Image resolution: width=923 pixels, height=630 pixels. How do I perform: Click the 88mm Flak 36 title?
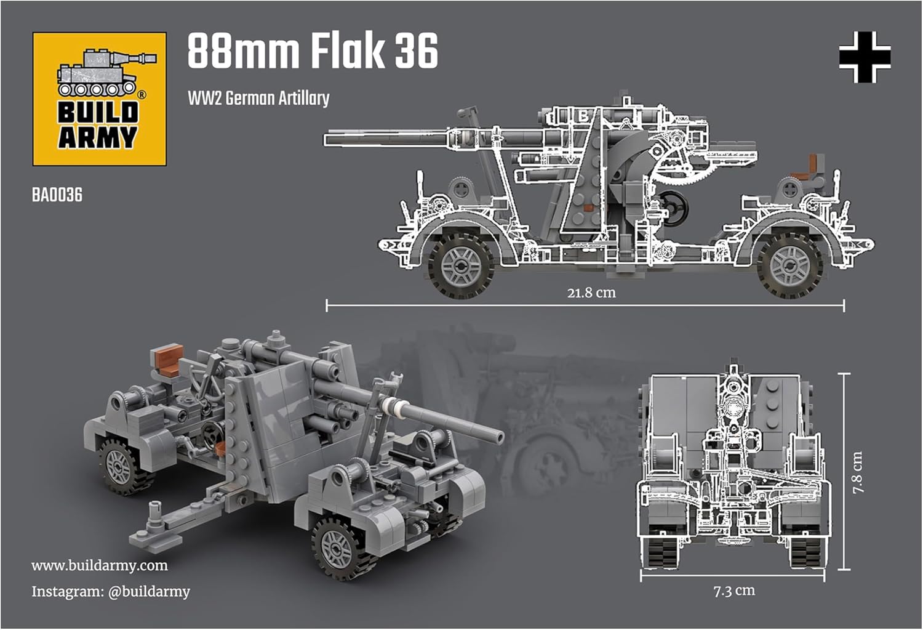pos(313,51)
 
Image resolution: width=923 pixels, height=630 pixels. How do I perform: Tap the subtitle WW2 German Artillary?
pos(258,98)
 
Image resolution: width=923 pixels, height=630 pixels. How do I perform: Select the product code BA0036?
pos(57,195)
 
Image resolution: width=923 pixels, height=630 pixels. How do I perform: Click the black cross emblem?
pos(865,57)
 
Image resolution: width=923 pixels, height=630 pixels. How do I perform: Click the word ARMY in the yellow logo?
pos(98,137)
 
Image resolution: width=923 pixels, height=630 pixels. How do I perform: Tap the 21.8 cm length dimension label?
pos(591,293)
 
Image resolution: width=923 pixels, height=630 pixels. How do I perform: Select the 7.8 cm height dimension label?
pos(858,472)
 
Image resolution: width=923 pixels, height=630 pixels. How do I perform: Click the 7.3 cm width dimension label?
pos(734,591)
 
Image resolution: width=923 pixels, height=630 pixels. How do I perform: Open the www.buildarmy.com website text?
pos(100,565)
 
